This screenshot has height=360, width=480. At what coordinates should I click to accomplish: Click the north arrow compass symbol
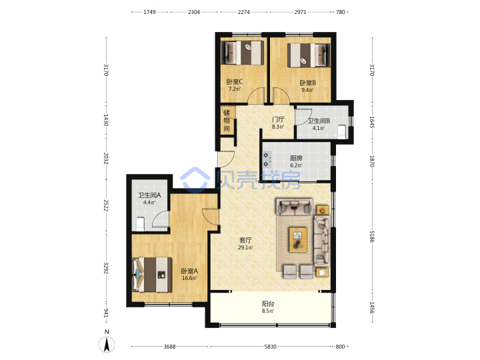[107, 345]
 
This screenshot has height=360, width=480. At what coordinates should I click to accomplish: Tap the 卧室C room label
[235, 82]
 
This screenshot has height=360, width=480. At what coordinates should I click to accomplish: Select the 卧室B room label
[307, 83]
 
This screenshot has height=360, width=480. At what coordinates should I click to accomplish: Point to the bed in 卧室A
[152, 275]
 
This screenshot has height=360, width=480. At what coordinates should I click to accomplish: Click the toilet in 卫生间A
[140, 224]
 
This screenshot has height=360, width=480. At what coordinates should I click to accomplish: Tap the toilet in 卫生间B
[341, 131]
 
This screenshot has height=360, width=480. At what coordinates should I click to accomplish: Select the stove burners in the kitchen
[266, 160]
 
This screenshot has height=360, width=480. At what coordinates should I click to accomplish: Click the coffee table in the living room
[298, 239]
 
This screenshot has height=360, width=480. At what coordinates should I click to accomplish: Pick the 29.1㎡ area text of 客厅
[245, 247]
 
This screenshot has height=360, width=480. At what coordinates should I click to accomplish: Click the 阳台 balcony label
[268, 304]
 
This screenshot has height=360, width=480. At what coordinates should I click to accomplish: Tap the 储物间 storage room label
[227, 120]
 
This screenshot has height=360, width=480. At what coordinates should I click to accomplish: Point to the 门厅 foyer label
[278, 119]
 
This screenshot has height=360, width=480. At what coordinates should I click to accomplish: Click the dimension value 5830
[270, 347]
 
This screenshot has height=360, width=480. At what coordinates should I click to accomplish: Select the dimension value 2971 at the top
[300, 12]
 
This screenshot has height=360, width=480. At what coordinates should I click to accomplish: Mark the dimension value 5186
[372, 236]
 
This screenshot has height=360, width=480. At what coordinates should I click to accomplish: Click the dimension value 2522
[106, 205]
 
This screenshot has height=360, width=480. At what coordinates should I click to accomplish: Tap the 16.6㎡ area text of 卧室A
[189, 278]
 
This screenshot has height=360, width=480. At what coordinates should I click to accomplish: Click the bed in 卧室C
[243, 53]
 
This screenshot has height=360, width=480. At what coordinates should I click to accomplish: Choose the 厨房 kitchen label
[296, 158]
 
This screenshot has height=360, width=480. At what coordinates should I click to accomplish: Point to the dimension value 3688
[169, 347]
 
